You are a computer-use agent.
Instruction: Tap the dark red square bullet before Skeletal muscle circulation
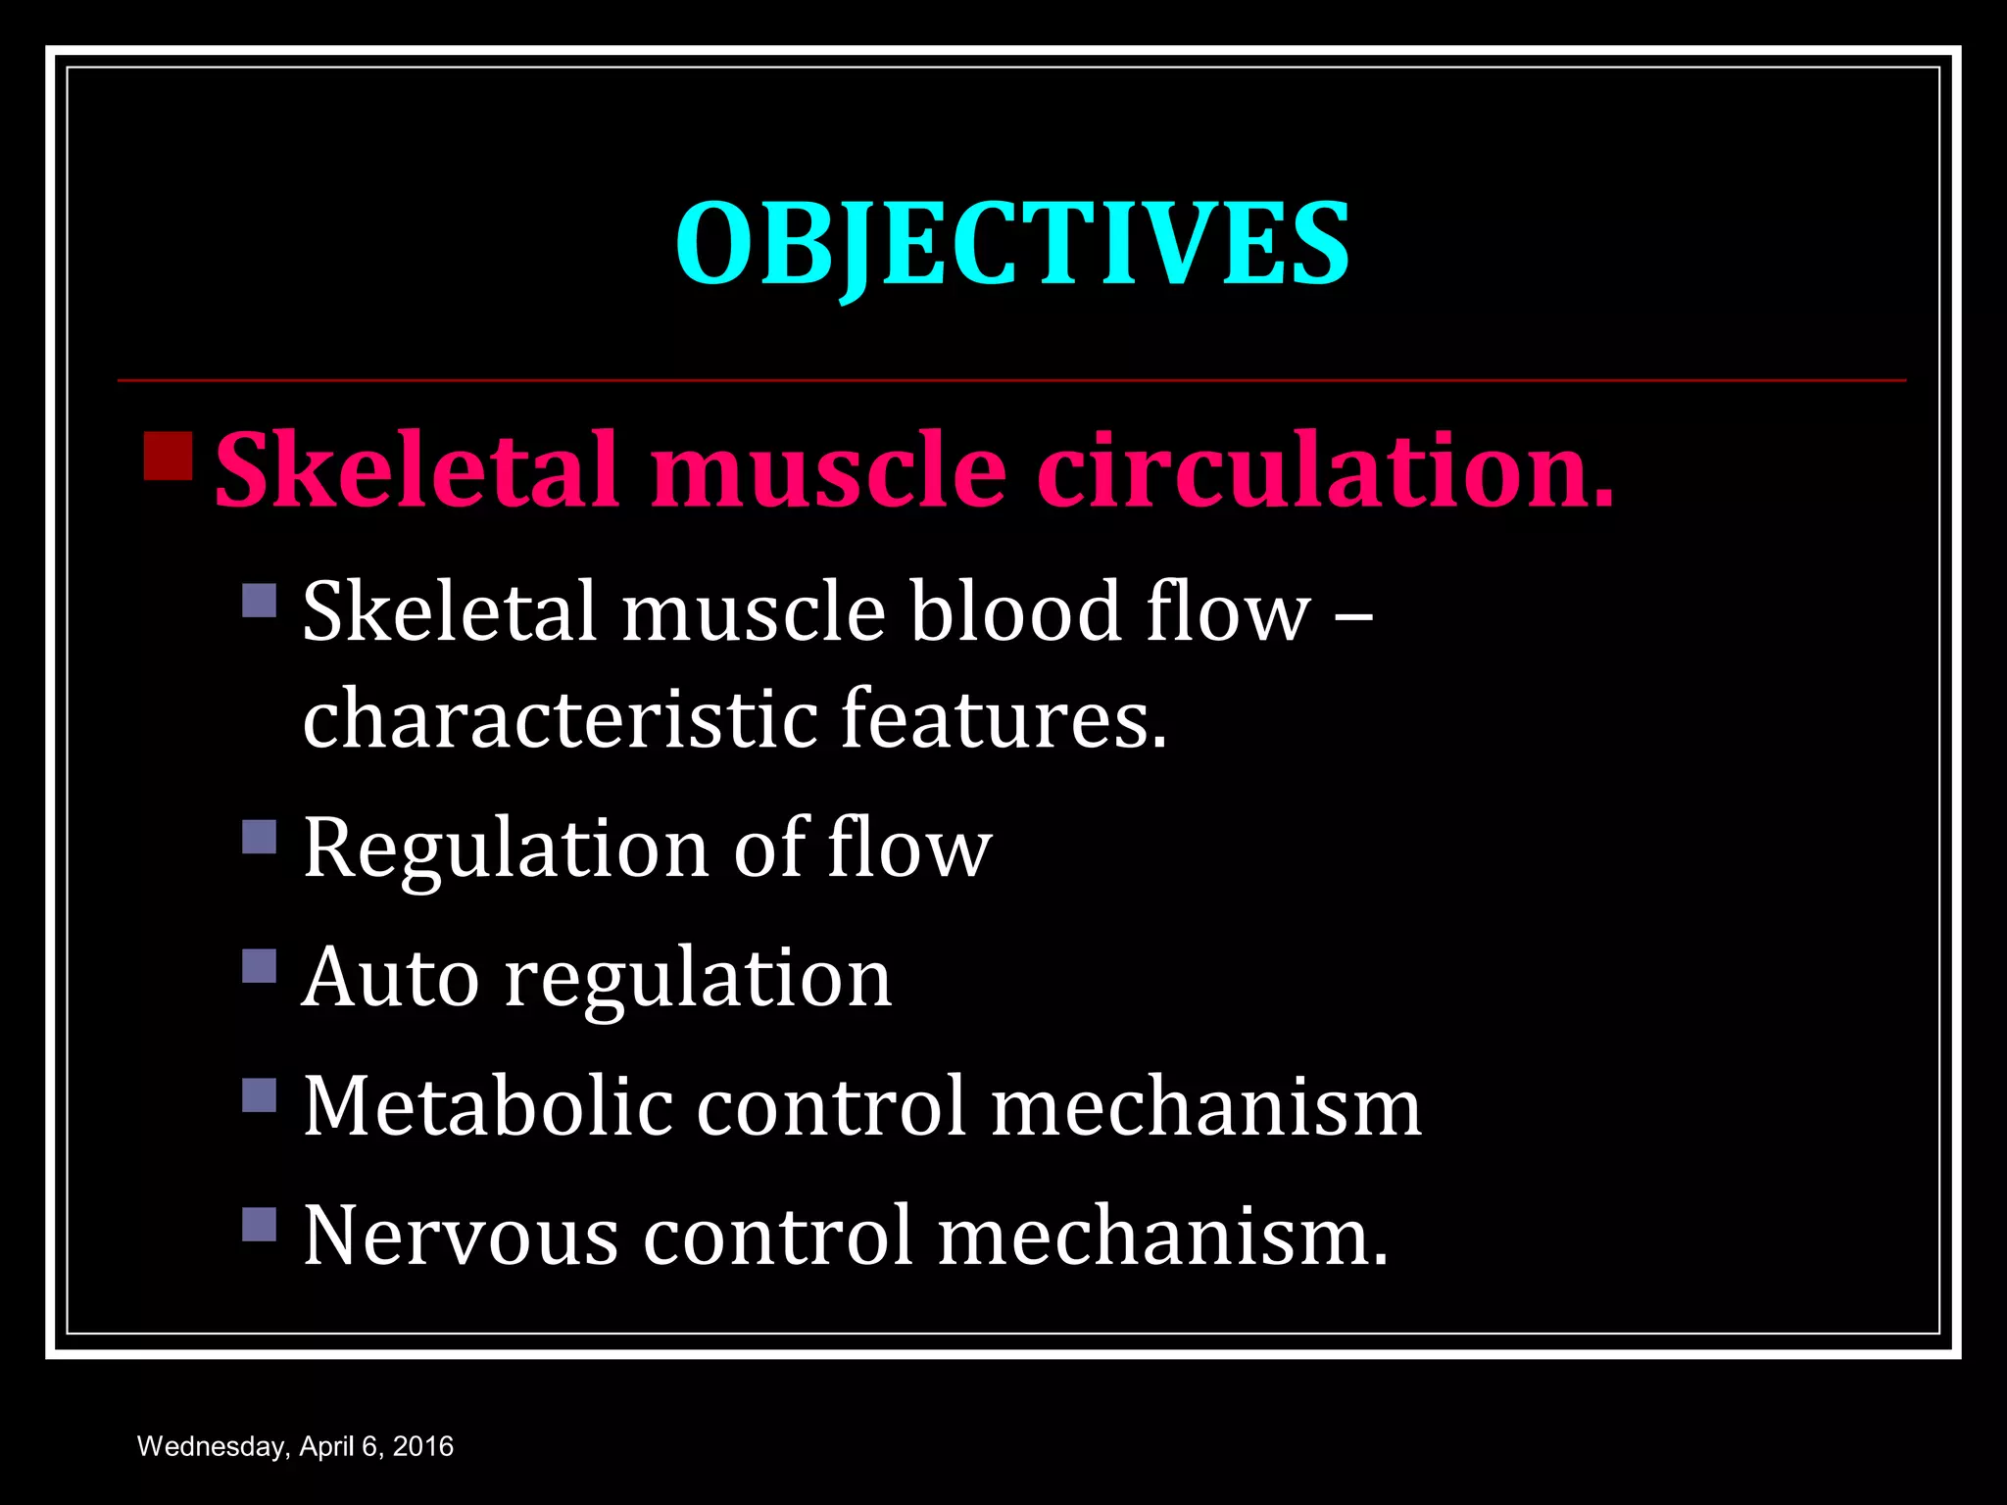point(168,456)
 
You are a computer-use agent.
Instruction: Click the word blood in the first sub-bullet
point(1015,611)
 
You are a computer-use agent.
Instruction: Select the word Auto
point(390,977)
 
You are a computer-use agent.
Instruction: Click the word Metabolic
point(488,1106)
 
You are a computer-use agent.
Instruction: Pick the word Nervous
point(461,1236)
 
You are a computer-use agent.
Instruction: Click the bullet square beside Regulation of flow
point(260,837)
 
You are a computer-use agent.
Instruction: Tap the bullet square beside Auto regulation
point(260,965)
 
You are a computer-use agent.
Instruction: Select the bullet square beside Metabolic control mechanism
point(260,1094)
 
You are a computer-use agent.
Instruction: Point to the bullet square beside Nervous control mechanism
point(260,1224)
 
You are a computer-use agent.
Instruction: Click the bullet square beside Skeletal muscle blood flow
point(260,600)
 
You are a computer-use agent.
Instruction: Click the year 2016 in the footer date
point(422,1447)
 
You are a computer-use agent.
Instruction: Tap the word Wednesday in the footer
point(210,1447)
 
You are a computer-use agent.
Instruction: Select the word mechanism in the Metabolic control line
point(1205,1106)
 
